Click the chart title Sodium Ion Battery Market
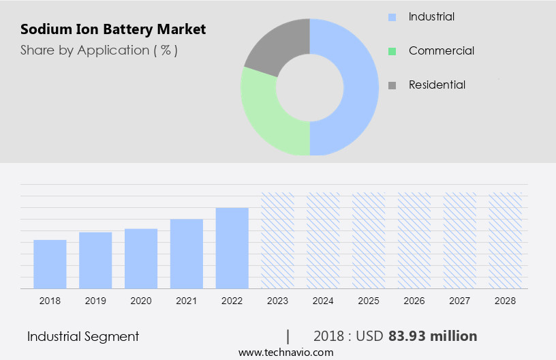tap(113, 30)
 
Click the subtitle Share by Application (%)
tap(99, 50)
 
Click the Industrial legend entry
tap(431, 16)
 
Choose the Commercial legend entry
tap(441, 50)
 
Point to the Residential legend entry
tap(437, 85)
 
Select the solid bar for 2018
tap(50, 265)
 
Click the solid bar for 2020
tap(141, 259)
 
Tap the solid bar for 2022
tap(232, 248)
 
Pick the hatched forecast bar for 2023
tap(278, 241)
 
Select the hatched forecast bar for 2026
tap(414, 241)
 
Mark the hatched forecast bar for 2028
tap(506, 241)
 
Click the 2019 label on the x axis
tap(95, 301)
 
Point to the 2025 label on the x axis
tap(369, 301)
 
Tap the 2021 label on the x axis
tap(187, 301)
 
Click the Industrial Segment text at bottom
tap(83, 336)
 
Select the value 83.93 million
tap(433, 336)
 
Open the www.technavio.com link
tap(285, 352)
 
